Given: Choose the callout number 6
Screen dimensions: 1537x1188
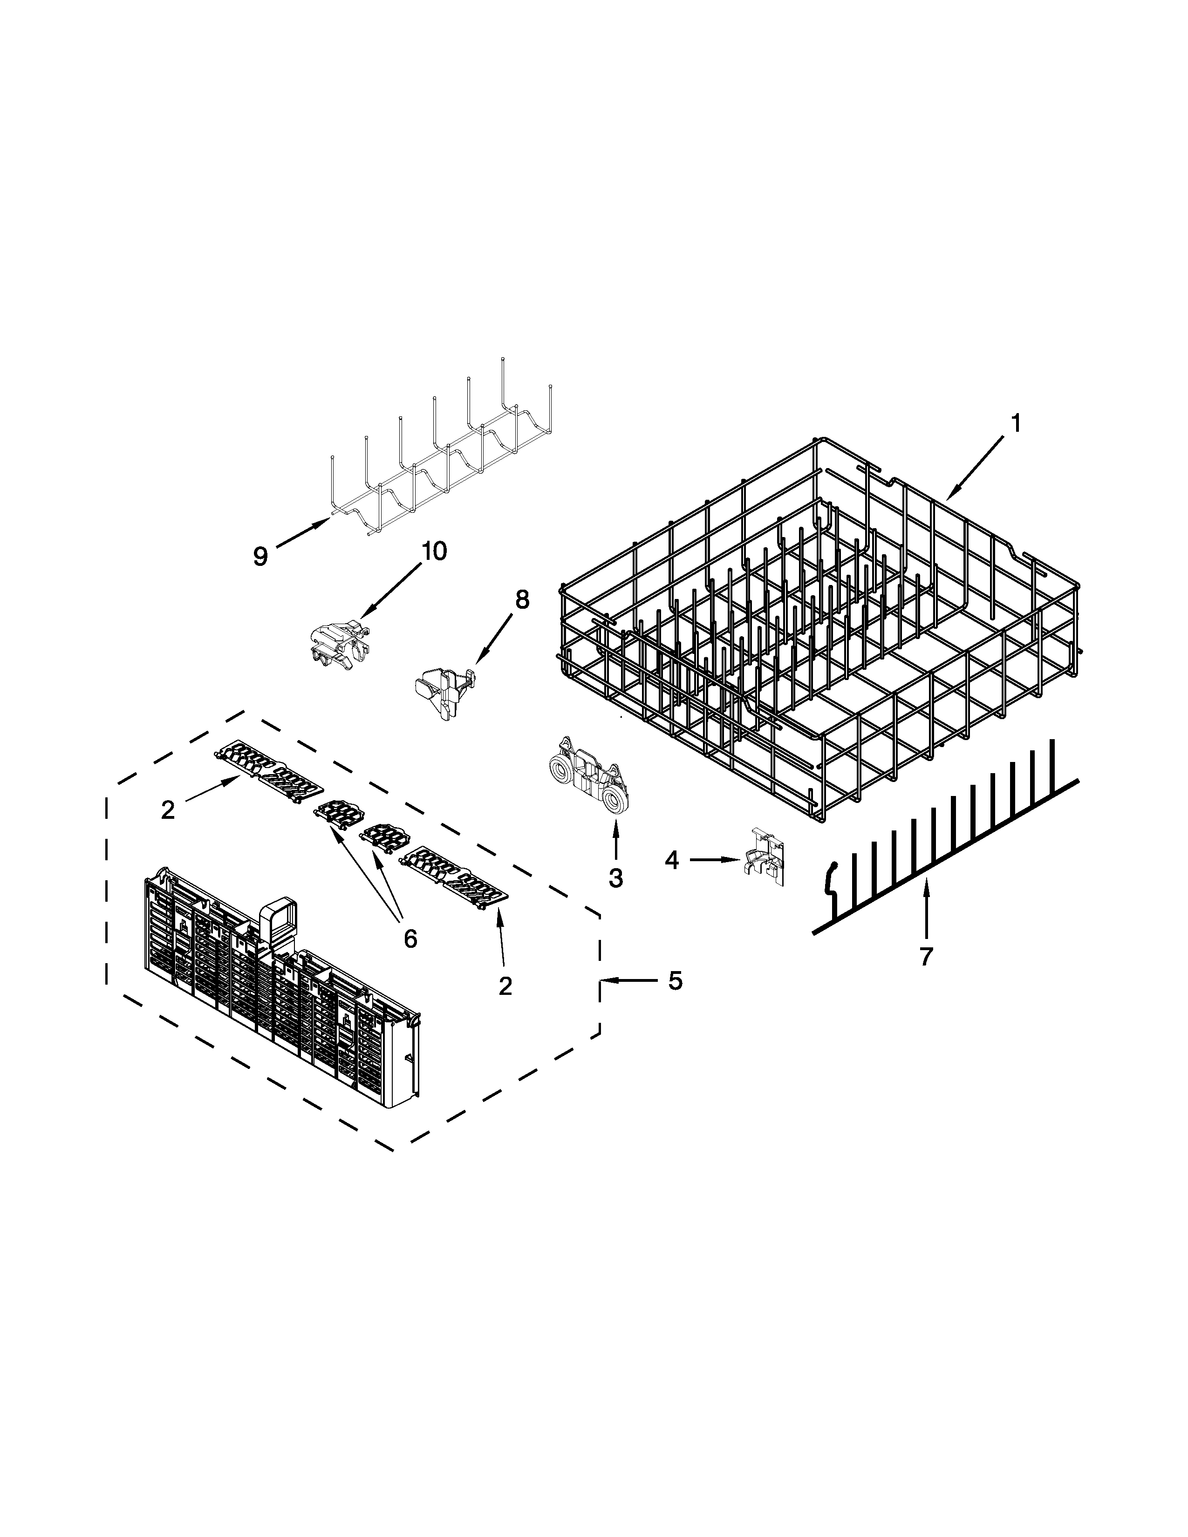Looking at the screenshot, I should click(x=410, y=938).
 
